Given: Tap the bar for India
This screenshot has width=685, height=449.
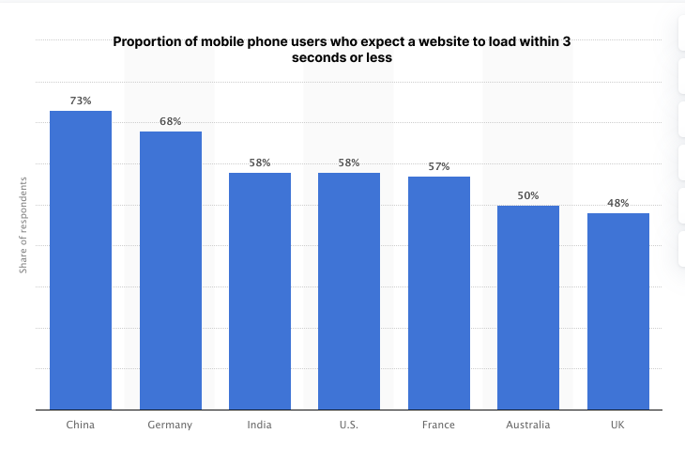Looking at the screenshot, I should [x=260, y=291].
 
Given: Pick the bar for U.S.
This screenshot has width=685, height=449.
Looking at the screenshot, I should [x=349, y=291].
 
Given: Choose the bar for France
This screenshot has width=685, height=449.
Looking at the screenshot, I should [x=439, y=293].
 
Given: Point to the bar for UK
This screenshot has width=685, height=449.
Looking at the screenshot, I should [x=618, y=312].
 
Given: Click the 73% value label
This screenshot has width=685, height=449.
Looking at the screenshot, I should [x=81, y=101].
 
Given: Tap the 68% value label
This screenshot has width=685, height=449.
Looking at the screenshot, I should [x=171, y=121].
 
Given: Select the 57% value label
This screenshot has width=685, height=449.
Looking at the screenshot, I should [x=439, y=166].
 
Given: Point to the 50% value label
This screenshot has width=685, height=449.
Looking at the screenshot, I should [x=528, y=195].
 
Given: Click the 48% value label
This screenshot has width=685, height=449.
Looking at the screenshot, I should [x=618, y=203].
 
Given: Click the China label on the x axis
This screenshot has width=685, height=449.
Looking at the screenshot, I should [x=81, y=425].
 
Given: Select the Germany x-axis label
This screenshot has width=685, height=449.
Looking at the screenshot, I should [x=170, y=425].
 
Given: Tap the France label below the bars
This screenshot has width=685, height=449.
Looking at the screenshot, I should [x=439, y=425].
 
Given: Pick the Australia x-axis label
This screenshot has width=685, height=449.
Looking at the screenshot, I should [x=528, y=425].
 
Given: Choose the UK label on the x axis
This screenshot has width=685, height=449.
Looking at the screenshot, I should [x=618, y=425].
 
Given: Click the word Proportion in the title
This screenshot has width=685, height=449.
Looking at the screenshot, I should [x=147, y=41].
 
